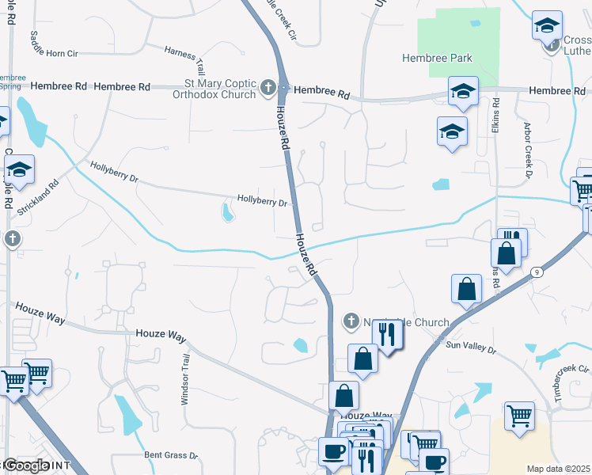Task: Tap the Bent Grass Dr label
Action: tap(171, 455)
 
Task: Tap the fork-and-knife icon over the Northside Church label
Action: tap(387, 334)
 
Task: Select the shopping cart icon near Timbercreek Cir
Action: tap(519, 415)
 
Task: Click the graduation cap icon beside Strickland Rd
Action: tap(19, 169)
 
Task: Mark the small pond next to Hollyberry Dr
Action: tap(227, 213)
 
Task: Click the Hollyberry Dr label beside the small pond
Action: tap(262, 201)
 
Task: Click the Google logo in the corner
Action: tap(26, 465)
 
